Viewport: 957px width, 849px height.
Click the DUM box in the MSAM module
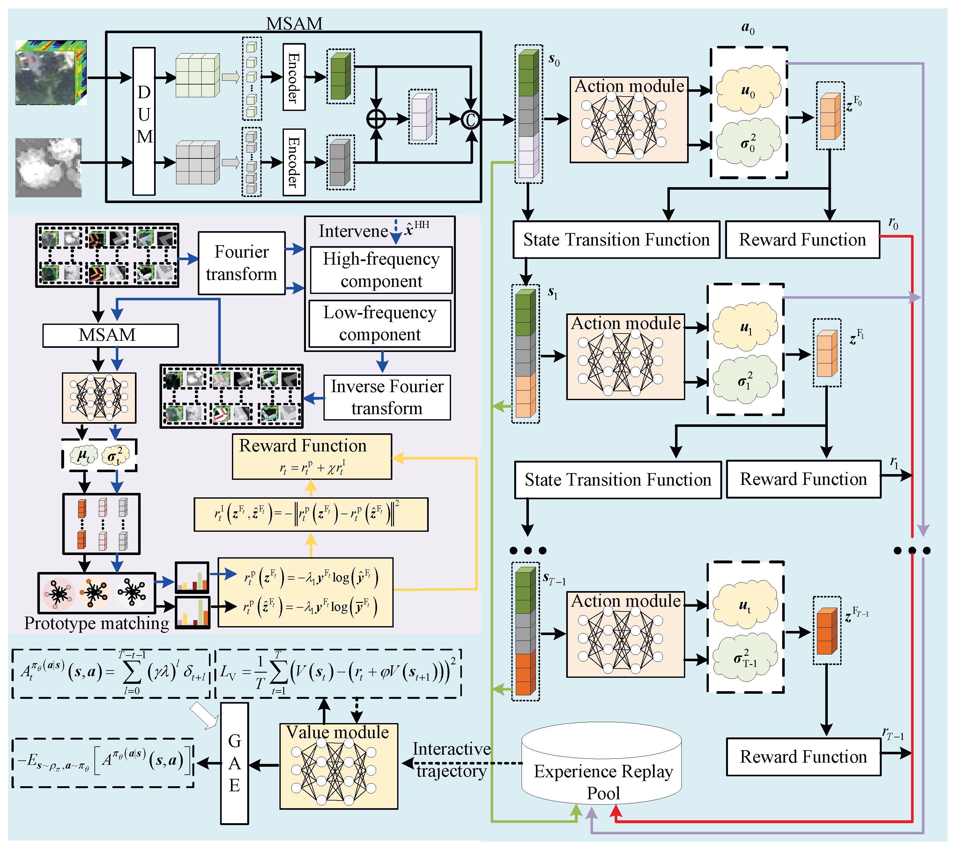click(144, 121)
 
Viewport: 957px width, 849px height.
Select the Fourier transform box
click(241, 263)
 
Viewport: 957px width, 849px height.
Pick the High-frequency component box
click(381, 270)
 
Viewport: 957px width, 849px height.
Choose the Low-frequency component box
click(380, 323)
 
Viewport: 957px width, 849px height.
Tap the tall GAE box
click(234, 763)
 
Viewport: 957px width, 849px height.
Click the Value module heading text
click(338, 732)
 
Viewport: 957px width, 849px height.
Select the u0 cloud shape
click(748, 90)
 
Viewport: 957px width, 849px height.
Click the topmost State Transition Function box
click(616, 240)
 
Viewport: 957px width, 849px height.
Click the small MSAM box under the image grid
click(110, 335)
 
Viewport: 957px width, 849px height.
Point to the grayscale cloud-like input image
click(48, 167)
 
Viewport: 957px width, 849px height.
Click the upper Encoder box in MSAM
click(293, 77)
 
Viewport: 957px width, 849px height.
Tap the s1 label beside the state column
click(553, 293)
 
